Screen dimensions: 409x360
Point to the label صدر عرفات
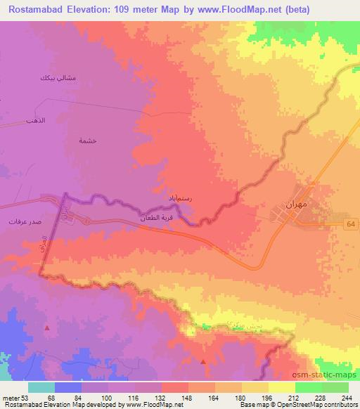pyautogui.click(x=22, y=221)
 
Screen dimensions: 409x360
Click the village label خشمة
pyautogui.click(x=88, y=140)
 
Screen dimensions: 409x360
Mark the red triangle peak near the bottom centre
pyautogui.click(x=204, y=361)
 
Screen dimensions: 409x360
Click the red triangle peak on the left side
pyautogui.click(x=47, y=327)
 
